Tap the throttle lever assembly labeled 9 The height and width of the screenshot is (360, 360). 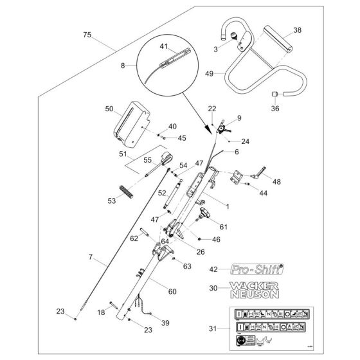pos(224,127)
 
